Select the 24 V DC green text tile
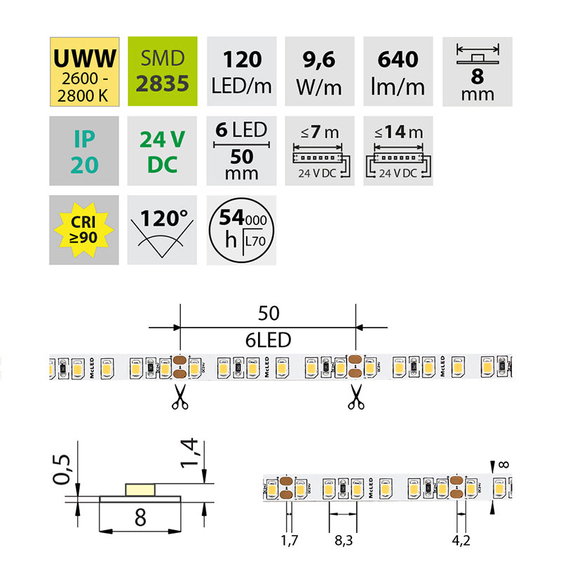pos(163,150)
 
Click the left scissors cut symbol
pos(180,397)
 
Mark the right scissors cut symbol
pos(356,397)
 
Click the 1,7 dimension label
pos(288,541)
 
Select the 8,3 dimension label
pos(344,541)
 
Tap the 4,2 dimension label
pos(461,541)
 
